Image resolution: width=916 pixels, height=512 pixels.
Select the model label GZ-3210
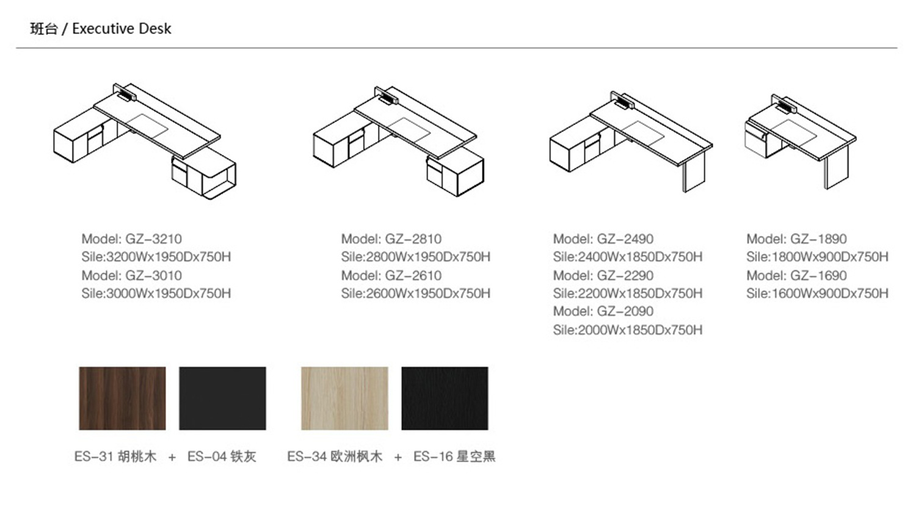[x=132, y=239]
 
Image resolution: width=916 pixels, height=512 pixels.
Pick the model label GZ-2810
[x=391, y=239]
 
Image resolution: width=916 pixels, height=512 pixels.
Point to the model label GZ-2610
[x=391, y=275]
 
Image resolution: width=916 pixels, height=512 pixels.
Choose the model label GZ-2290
[x=603, y=275]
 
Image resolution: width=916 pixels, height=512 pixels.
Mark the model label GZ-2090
[x=603, y=311]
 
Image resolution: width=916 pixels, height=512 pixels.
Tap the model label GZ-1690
[x=796, y=275]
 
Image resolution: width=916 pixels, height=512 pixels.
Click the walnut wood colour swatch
[x=122, y=398]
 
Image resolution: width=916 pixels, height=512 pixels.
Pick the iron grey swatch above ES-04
[x=222, y=398]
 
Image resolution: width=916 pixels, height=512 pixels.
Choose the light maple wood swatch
[x=345, y=398]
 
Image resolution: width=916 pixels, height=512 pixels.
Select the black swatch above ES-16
[x=445, y=398]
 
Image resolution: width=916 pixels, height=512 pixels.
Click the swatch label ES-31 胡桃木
[x=115, y=456]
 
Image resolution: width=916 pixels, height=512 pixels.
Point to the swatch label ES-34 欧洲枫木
[x=335, y=456]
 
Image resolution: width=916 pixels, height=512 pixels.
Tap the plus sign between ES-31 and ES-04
[x=172, y=457]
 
